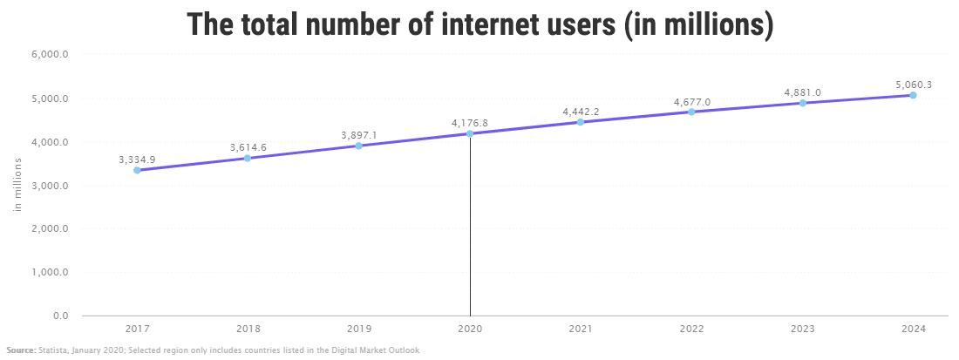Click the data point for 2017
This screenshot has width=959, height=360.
[137, 171]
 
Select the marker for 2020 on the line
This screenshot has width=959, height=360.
[470, 133]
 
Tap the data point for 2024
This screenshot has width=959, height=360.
[913, 95]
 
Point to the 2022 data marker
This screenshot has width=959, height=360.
[691, 112]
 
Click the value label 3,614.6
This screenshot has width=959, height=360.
[248, 147]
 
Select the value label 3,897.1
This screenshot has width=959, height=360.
[359, 135]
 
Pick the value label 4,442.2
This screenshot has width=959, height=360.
[581, 112]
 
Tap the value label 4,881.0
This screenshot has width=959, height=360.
[802, 92]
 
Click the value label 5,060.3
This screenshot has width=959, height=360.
[913, 85]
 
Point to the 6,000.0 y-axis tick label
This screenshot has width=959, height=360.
[51, 54]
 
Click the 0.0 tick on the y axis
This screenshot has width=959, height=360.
[60, 316]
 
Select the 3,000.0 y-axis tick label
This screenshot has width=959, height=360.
[51, 185]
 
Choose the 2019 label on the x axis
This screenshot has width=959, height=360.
[359, 329]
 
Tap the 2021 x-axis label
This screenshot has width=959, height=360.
[581, 329]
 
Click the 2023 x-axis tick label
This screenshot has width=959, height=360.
[802, 329]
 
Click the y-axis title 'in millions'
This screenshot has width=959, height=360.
[17, 184]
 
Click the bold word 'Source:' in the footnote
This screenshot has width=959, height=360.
[21, 350]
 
